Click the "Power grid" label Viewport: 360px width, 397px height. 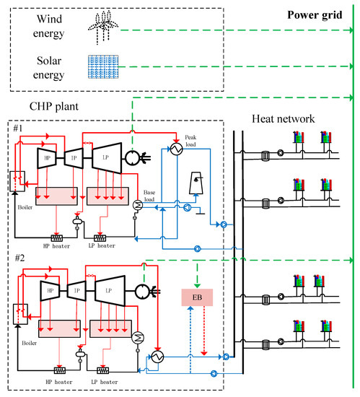click(319, 13)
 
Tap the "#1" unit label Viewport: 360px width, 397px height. click(20, 129)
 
